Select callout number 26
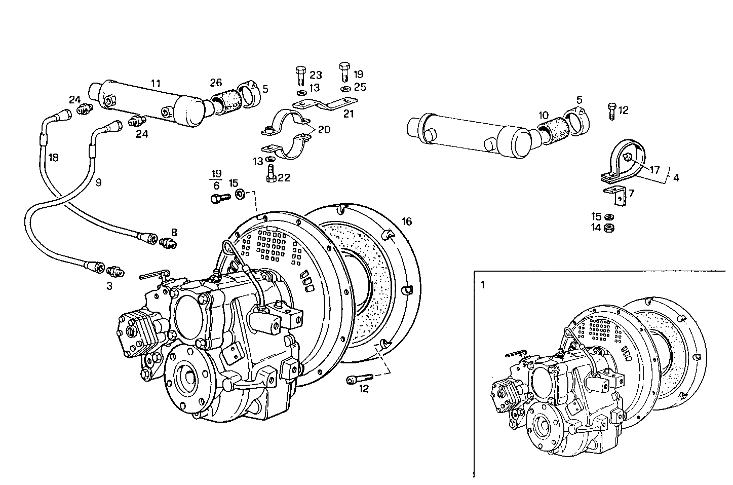click(216, 82)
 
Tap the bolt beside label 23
click(299, 76)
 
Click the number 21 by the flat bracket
click(349, 114)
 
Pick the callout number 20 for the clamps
click(324, 129)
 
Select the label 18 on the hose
click(53, 158)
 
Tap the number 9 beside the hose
click(98, 182)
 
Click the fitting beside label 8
click(167, 243)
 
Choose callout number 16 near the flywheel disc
click(407, 221)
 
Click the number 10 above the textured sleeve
click(543, 116)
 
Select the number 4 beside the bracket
click(676, 177)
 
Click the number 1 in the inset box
click(482, 285)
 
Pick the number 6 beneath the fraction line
click(216, 186)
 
